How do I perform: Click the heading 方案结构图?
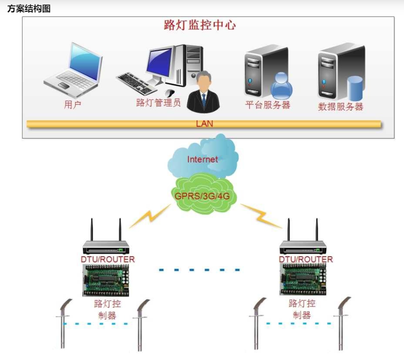point(28,9)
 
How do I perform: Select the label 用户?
point(72,105)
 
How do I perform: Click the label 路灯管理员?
point(158,102)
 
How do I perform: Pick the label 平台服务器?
point(268,105)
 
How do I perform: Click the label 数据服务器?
point(340,107)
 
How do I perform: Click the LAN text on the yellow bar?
point(204,124)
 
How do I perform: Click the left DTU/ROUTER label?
point(108,259)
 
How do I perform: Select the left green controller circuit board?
point(105,280)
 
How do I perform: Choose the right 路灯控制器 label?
point(302,309)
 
